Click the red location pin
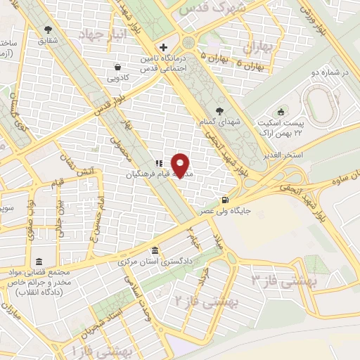181,165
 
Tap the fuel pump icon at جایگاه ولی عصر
224,200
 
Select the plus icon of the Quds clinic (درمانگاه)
164,47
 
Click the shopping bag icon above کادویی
117,67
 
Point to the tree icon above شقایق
48,30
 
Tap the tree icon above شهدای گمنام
220,110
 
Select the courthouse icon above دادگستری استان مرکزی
154,252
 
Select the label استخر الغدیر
285,154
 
